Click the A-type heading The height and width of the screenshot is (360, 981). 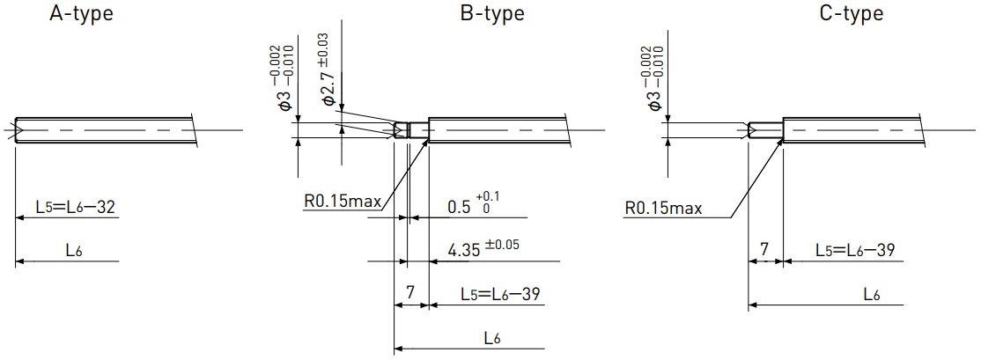(x=81, y=14)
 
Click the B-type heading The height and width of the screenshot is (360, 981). (x=492, y=14)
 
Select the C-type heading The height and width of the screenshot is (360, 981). (x=852, y=14)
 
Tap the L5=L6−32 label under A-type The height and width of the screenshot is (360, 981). (x=76, y=208)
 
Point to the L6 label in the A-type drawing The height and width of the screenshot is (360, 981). (x=75, y=251)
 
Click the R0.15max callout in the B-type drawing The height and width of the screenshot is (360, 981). (x=343, y=203)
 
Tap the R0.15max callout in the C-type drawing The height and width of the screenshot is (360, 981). (x=664, y=208)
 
